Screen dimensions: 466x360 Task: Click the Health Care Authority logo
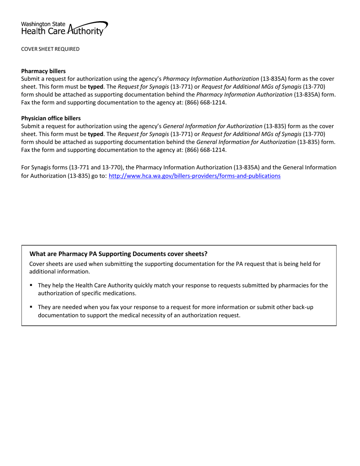[x=64, y=28]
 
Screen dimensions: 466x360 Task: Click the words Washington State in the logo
[x=43, y=24]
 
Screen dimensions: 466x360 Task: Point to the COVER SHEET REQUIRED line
[x=50, y=49]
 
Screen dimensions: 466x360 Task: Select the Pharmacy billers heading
[x=43, y=71]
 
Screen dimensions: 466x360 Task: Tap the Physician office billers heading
[x=51, y=118]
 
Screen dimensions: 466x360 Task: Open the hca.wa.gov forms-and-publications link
[x=194, y=176]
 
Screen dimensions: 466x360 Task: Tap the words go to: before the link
[x=99, y=176]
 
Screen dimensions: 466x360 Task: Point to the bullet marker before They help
[x=31, y=285]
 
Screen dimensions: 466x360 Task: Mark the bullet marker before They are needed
[x=31, y=307]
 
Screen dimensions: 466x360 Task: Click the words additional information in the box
[x=59, y=272]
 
